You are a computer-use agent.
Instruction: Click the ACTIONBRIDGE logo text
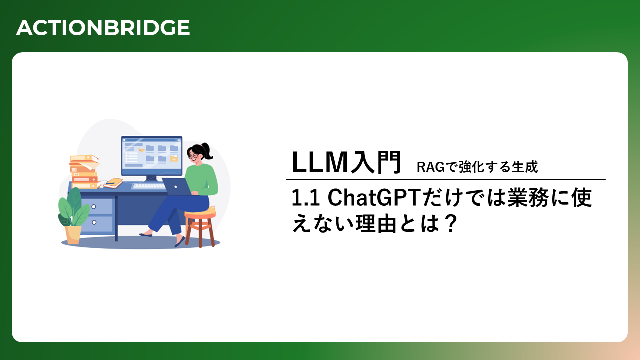click(x=103, y=27)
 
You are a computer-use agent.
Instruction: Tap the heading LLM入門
click(x=347, y=162)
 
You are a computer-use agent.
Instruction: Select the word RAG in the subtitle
click(x=431, y=167)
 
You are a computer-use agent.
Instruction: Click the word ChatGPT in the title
click(x=375, y=197)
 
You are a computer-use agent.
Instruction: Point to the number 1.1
click(x=305, y=198)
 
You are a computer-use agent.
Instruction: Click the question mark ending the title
click(x=451, y=224)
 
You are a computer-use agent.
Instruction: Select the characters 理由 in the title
click(x=376, y=223)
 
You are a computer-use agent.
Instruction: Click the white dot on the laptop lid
click(x=176, y=187)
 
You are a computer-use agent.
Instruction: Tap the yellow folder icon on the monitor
click(x=174, y=158)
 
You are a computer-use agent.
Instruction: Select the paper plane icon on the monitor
click(x=141, y=150)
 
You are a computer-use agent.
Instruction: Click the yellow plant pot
click(x=73, y=235)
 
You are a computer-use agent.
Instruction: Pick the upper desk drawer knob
click(x=93, y=207)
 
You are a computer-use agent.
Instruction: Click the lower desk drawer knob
click(x=94, y=222)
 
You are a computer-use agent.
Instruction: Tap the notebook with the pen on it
click(x=113, y=183)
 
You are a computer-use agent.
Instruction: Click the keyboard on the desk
click(x=148, y=186)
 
